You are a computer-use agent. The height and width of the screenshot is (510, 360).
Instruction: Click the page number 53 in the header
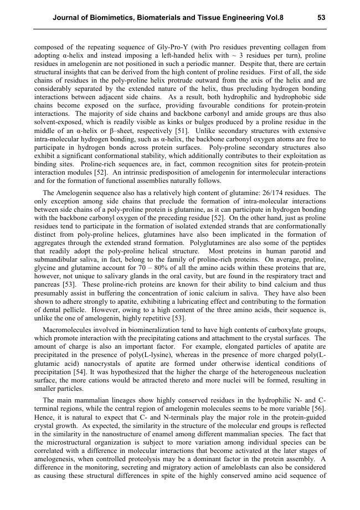pos(321,18)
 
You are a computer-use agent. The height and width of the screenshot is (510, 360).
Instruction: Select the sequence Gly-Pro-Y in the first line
pos(153,48)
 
